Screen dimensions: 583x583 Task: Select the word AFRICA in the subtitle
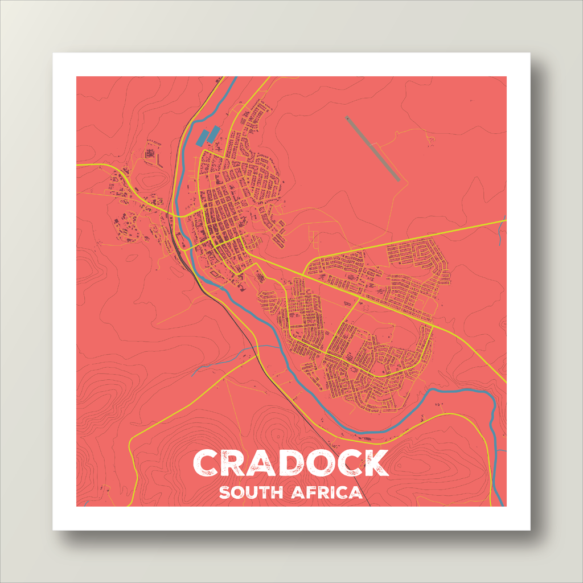point(327,492)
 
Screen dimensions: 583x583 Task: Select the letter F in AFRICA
point(311,492)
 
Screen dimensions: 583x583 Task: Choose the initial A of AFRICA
point(298,492)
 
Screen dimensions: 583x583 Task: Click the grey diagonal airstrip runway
point(373,149)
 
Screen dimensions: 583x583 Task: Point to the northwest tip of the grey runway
point(347,118)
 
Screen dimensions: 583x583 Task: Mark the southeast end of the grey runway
point(398,179)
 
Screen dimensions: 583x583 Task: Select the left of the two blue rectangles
point(202,137)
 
